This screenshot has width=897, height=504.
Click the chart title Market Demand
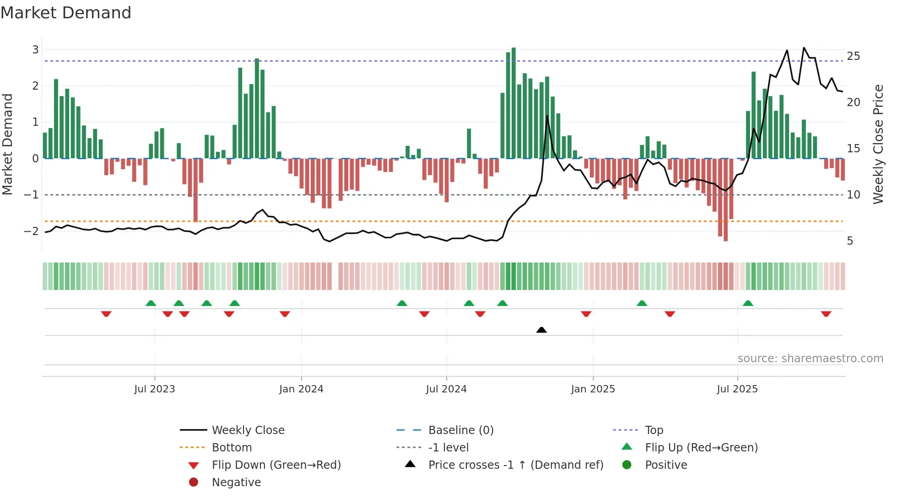66,13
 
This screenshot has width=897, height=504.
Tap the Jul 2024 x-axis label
446,389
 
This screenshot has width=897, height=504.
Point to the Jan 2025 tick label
593,389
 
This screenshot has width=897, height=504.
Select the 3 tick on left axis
35,49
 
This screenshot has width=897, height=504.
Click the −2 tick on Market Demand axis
32,231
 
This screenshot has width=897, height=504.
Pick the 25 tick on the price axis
853,56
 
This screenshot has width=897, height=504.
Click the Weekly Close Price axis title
878,144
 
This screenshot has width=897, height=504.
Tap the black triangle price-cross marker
541,330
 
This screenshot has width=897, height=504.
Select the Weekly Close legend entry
248,430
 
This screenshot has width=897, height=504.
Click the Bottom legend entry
232,447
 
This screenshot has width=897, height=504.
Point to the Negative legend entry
236,482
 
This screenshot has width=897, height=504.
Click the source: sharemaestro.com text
810,358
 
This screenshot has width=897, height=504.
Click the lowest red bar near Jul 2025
725,201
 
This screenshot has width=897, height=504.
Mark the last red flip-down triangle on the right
826,314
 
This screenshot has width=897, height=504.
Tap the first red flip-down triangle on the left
106,314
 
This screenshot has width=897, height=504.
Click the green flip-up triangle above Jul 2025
748,303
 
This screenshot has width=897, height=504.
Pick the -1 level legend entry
448,447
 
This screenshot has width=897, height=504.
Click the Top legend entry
654,430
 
